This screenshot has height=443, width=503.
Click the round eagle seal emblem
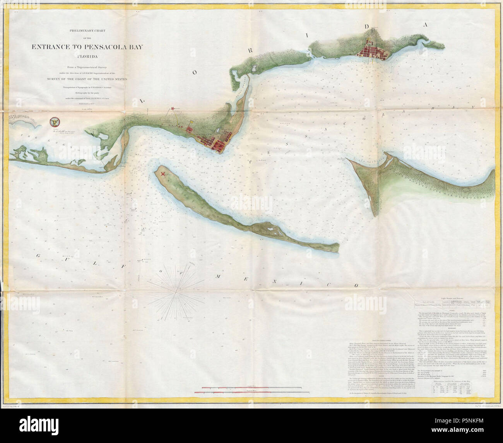pyautogui.click(x=55, y=122)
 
